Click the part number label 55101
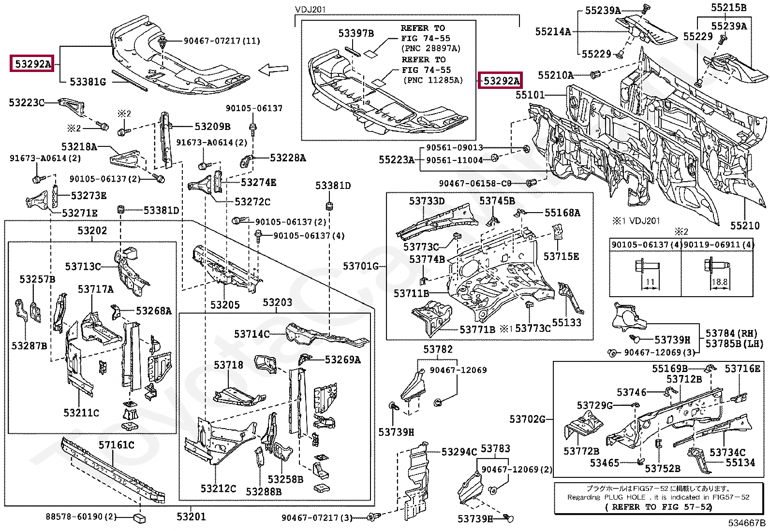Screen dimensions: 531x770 coord(530,95)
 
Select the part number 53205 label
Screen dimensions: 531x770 coord(225,305)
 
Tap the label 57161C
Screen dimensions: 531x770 coord(117,445)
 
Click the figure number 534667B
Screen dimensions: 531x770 coord(747,523)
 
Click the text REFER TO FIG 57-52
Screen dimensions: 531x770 coord(658,507)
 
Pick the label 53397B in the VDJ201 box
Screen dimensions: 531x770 coord(356,33)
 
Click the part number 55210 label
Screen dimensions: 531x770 coord(745,226)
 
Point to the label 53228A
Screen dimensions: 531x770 coord(288,158)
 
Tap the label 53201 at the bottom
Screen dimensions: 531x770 coord(191,517)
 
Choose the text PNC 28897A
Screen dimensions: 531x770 coord(430,48)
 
